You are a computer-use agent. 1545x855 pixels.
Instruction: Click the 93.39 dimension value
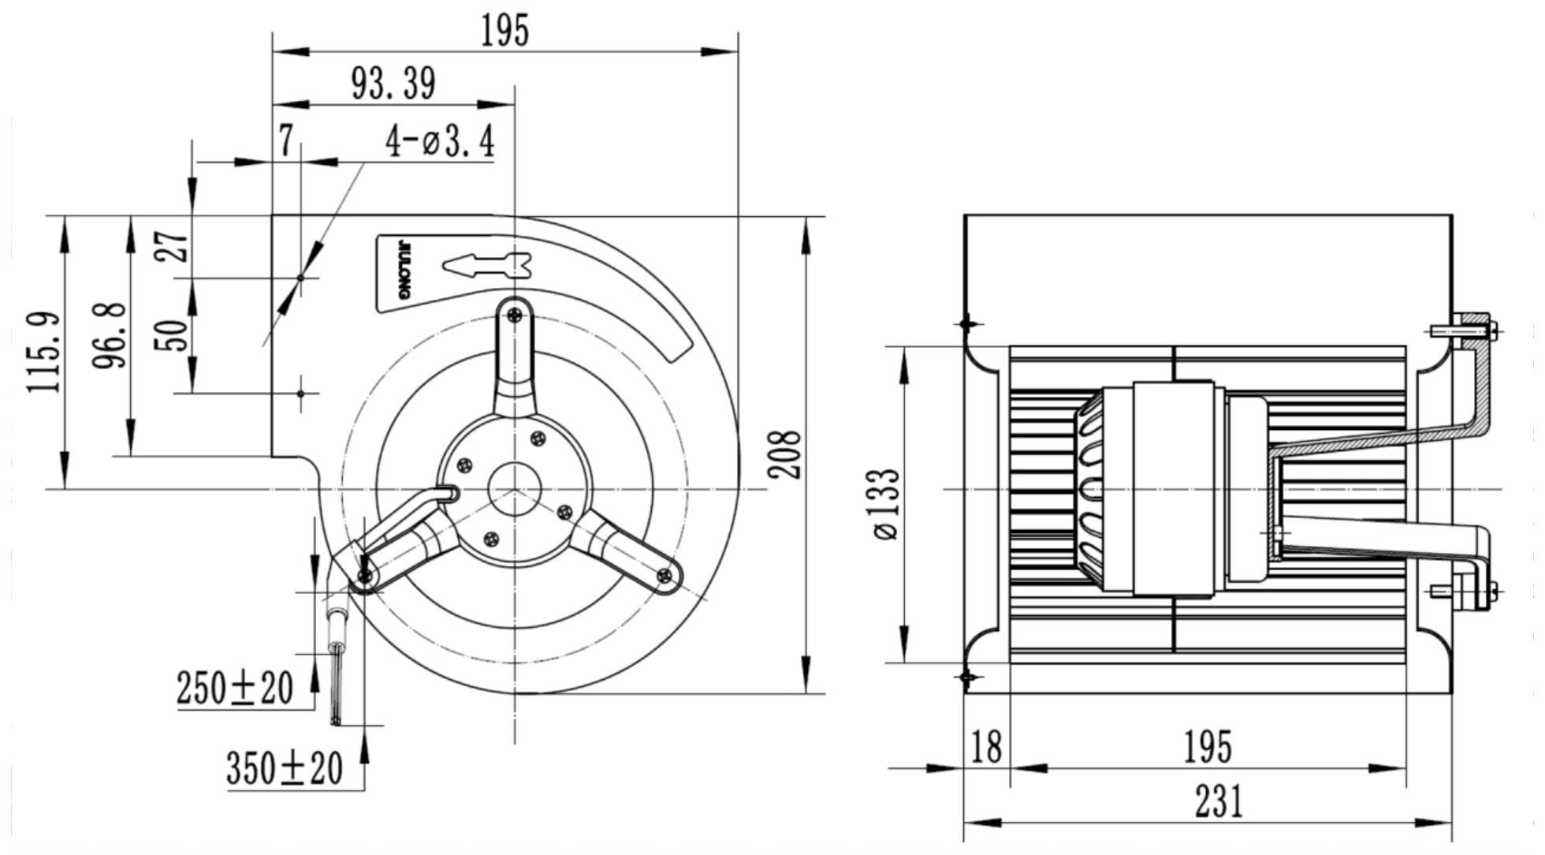[393, 84]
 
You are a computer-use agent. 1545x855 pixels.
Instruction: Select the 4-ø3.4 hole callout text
[440, 142]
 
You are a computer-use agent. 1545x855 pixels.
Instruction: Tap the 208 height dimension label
[785, 455]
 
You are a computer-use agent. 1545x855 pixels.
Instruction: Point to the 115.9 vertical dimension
[44, 353]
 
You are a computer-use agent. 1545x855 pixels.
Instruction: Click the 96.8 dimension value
[110, 335]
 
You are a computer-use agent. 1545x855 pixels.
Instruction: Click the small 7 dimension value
[286, 141]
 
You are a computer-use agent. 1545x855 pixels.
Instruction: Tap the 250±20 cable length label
[235, 688]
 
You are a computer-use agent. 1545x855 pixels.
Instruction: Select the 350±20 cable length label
[285, 768]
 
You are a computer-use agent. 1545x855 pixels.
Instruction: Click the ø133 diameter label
[886, 503]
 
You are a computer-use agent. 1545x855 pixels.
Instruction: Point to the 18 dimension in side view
[987, 746]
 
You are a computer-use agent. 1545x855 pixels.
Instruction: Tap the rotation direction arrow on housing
[487, 265]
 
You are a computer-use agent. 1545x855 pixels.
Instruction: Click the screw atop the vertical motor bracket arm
[515, 315]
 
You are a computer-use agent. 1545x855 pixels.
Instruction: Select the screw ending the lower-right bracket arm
[665, 576]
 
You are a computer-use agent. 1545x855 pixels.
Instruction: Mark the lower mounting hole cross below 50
[300, 393]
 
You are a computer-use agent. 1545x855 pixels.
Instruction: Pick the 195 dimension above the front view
[504, 32]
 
